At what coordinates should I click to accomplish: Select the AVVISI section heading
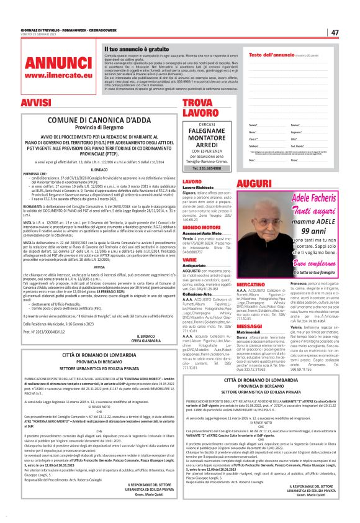tap(36, 102)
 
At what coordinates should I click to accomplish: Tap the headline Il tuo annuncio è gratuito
tap(137, 48)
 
